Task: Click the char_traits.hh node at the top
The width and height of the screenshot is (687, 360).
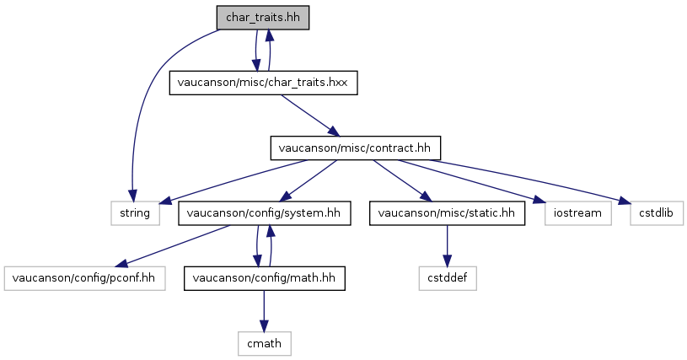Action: click(263, 18)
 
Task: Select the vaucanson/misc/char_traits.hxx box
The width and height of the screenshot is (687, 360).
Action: click(263, 83)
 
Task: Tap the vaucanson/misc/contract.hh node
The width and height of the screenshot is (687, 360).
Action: click(356, 148)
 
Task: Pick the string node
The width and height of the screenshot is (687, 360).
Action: click(135, 213)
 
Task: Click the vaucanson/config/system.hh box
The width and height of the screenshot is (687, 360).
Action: click(264, 213)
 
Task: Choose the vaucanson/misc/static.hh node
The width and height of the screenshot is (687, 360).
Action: click(447, 213)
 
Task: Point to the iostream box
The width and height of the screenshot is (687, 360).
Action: click(578, 213)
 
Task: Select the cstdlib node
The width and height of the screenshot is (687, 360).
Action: click(657, 213)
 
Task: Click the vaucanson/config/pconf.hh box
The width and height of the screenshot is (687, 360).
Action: click(84, 278)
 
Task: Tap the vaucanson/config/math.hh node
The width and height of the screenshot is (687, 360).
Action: click(264, 278)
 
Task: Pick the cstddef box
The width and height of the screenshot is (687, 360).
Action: click(448, 278)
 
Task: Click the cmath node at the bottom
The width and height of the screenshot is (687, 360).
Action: click(264, 343)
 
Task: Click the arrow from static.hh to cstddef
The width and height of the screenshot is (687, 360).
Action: click(447, 245)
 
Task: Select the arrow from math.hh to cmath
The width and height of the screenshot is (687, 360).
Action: click(264, 311)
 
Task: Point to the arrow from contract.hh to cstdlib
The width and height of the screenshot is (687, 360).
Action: click(530, 180)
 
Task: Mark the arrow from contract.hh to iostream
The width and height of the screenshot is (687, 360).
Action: click(472, 180)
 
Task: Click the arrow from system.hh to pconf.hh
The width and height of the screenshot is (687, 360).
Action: click(172, 245)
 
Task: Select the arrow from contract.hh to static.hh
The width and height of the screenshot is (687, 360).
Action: click(402, 180)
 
